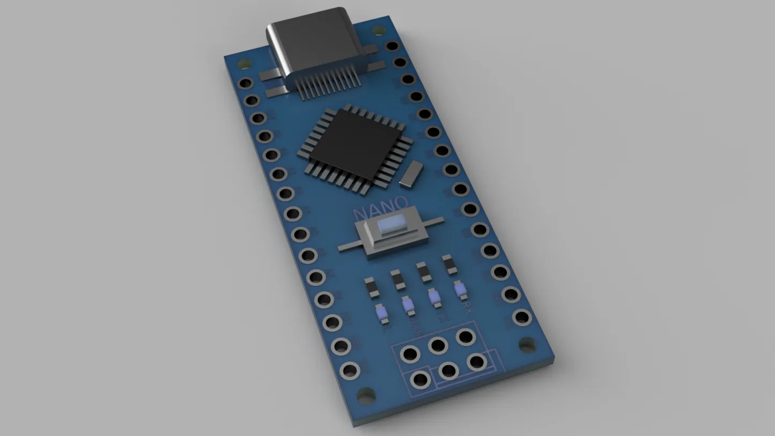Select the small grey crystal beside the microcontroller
point(411,174)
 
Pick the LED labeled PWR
point(408,305)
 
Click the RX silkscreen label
point(467,308)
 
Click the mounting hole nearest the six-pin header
point(527,344)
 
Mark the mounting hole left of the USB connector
point(245,64)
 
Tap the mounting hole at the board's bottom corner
point(366,396)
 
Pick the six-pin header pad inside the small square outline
point(420,380)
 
